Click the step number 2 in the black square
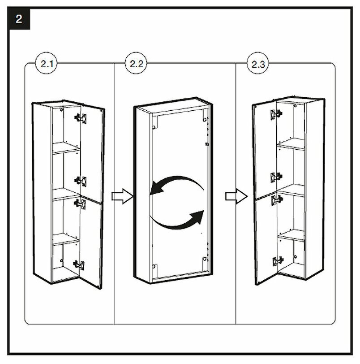(x=19, y=19)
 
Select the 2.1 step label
(x=47, y=64)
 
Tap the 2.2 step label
(x=137, y=64)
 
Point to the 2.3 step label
(x=258, y=64)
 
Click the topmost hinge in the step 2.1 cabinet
(x=81, y=118)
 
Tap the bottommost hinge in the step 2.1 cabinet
(x=79, y=265)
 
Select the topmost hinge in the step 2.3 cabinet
(x=274, y=114)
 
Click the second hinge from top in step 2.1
(x=81, y=180)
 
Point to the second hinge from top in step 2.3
(x=275, y=176)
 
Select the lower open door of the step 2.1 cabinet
(x=92, y=242)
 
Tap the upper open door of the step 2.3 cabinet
(x=264, y=148)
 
